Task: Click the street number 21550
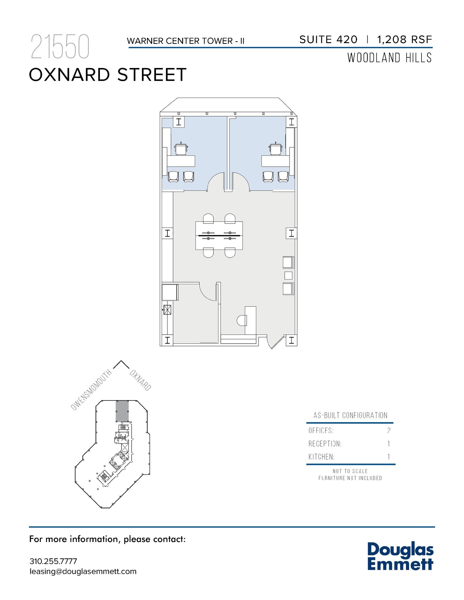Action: (60, 47)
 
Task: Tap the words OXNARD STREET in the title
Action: (108, 75)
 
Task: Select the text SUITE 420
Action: (328, 40)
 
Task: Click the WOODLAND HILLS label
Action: (390, 58)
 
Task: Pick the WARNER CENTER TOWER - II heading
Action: (186, 41)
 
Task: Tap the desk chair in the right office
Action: (276, 149)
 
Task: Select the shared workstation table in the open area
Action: (219, 236)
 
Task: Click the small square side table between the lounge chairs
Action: (288, 275)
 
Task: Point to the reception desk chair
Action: (242, 321)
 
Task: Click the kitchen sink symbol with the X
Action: (167, 310)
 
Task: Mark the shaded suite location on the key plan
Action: (122, 411)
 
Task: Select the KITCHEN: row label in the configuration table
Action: (321, 457)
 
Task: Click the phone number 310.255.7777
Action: (53, 561)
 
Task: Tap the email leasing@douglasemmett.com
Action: (83, 571)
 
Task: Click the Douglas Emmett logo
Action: (400, 556)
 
